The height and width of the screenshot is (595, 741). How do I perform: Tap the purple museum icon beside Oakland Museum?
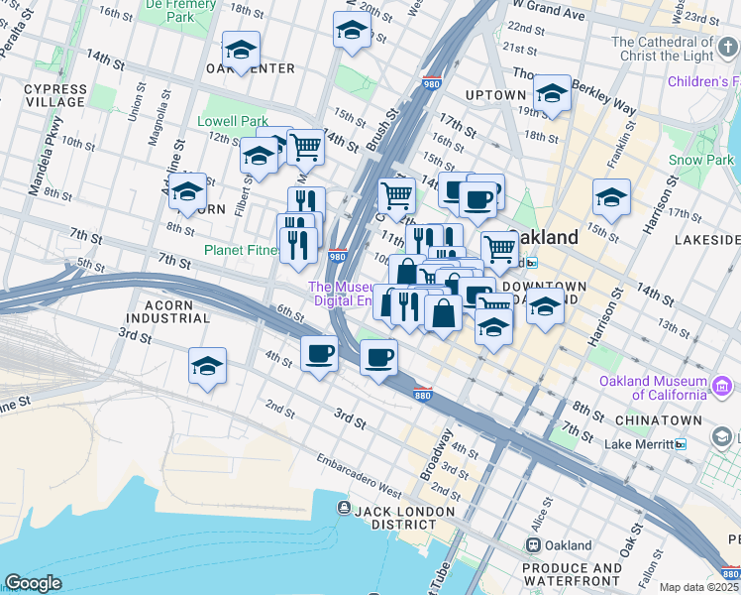coord(722,385)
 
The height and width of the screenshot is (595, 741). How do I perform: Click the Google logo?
coord(33,583)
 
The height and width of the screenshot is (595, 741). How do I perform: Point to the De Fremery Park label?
coord(180,10)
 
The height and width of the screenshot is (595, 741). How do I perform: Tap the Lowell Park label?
coord(233,121)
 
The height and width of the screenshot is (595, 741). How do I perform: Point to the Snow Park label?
coord(700,160)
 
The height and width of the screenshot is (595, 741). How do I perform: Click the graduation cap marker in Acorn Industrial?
coord(207,365)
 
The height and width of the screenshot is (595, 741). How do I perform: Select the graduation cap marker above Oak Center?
coord(241,51)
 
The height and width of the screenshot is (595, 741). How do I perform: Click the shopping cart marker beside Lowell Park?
coord(305,147)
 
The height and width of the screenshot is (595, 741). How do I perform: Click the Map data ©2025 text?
coord(698,587)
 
